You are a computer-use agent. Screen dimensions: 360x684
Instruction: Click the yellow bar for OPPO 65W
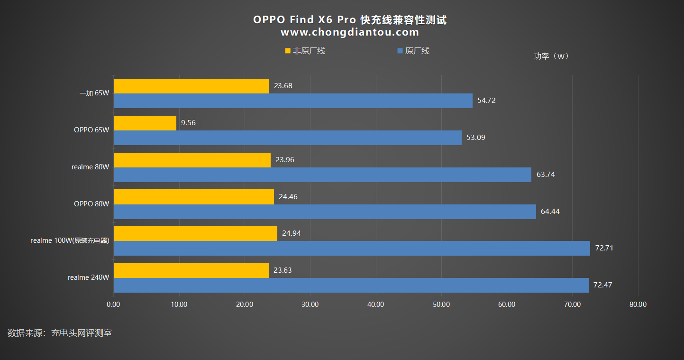click(x=145, y=123)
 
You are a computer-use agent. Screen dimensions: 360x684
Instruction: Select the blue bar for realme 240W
click(x=351, y=285)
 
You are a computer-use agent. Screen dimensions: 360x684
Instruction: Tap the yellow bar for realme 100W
click(x=195, y=233)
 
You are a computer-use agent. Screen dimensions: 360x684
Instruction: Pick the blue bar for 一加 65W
click(x=293, y=101)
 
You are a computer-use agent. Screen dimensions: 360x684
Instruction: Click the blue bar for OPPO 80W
click(x=325, y=212)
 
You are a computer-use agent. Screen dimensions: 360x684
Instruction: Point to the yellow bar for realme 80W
click(x=192, y=160)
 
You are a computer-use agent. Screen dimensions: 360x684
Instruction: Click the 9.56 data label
click(x=188, y=123)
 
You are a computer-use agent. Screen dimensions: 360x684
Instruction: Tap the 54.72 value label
click(x=487, y=101)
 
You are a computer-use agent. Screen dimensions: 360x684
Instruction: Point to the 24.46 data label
click(x=288, y=197)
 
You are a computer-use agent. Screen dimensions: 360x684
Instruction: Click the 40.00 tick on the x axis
click(x=375, y=305)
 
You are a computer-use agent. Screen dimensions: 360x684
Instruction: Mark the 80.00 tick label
click(x=638, y=305)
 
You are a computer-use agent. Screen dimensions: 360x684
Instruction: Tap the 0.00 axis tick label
click(x=113, y=305)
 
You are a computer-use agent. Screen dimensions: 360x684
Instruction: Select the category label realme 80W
click(x=91, y=167)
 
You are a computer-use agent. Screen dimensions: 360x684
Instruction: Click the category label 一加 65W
click(x=94, y=93)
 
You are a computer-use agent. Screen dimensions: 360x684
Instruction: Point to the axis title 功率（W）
click(x=551, y=56)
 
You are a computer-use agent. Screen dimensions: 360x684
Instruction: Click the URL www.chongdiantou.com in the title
click(x=350, y=32)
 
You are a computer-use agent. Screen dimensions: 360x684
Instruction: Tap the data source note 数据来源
click(x=60, y=333)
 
